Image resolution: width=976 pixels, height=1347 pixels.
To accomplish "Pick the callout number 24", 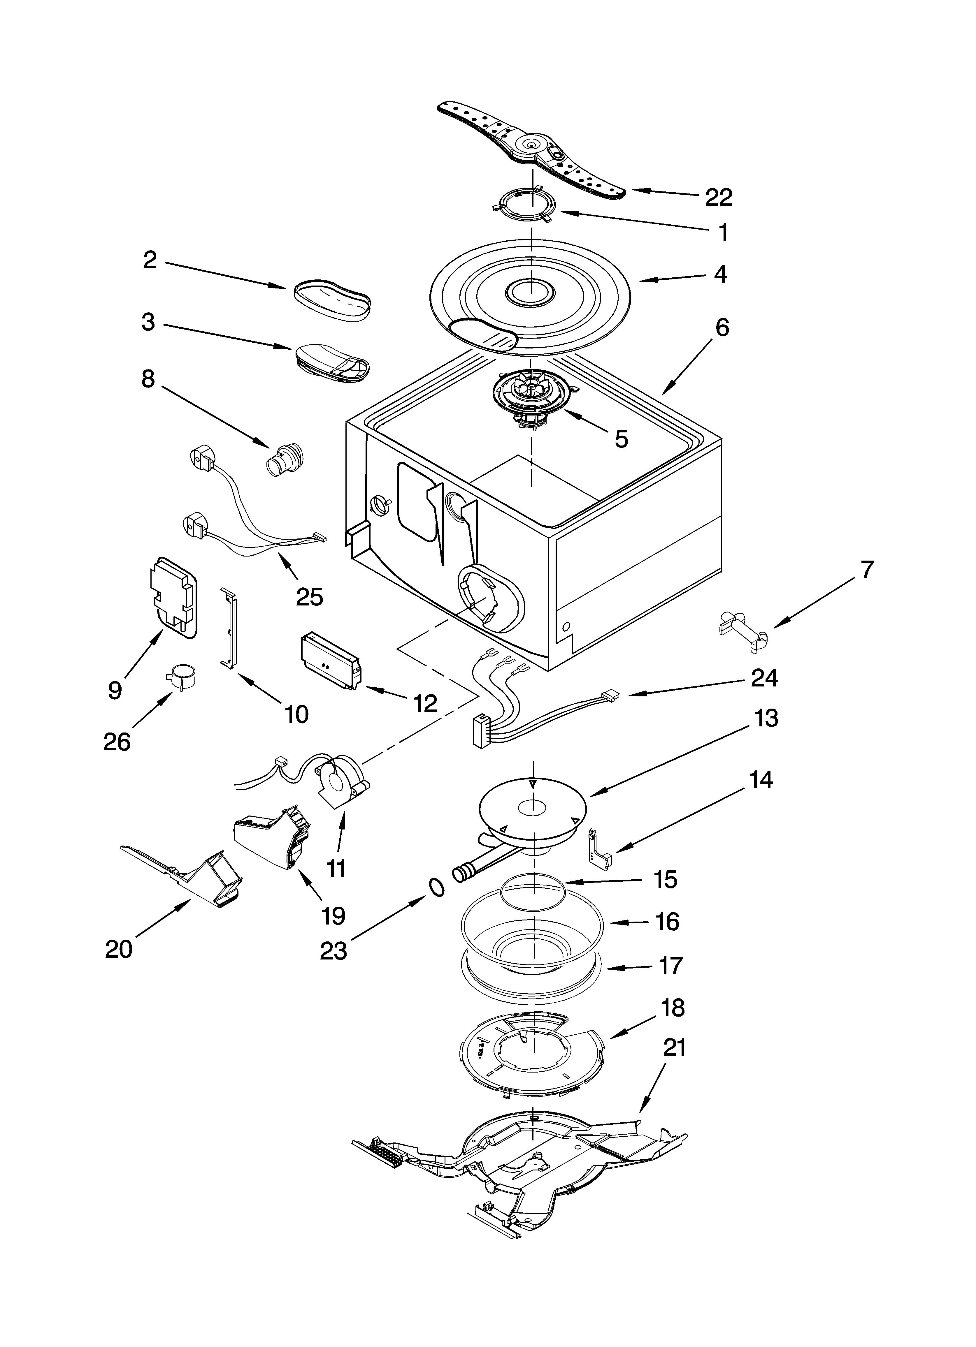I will [764, 677].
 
